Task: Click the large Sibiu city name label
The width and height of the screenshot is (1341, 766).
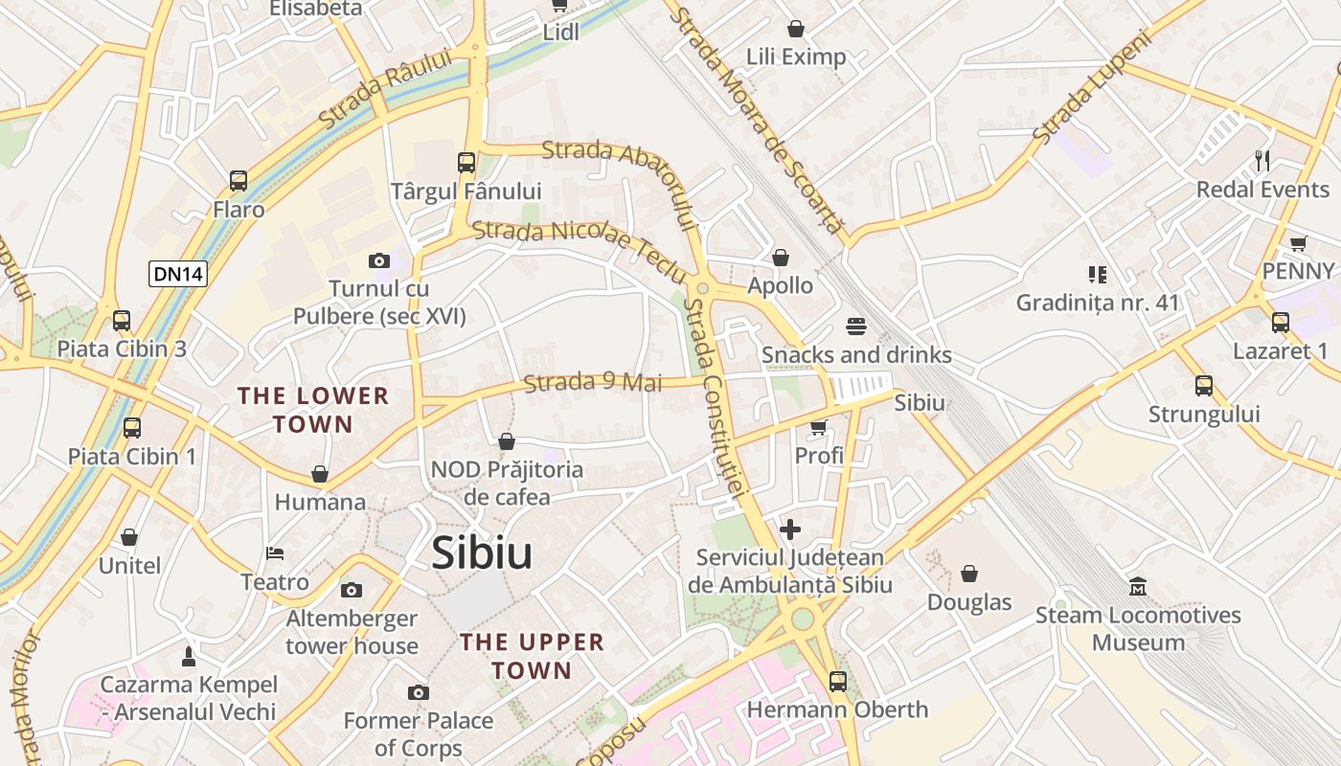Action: point(482,553)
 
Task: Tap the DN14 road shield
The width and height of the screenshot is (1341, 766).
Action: point(178,274)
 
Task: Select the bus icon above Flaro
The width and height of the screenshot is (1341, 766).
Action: point(239,180)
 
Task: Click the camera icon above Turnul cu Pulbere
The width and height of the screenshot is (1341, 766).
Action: point(379,260)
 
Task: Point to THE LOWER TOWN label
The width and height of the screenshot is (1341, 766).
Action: point(313,410)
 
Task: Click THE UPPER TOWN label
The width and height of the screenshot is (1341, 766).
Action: point(532,656)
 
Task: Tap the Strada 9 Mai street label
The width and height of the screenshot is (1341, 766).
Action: point(593,383)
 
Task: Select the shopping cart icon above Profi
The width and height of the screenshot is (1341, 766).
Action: point(819,427)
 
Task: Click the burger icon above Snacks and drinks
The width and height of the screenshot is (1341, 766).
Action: point(856,326)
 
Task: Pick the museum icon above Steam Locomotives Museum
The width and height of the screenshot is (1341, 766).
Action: point(1138,586)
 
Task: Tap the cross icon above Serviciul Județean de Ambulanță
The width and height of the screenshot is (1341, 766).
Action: point(790,529)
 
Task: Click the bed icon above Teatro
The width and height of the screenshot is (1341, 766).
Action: point(275,553)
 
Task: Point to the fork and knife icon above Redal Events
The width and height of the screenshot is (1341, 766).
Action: point(1262,160)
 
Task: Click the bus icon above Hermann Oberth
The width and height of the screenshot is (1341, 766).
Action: point(838,681)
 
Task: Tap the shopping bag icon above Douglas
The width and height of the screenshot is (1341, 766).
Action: point(969,574)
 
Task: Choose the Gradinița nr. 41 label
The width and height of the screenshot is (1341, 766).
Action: point(1098,303)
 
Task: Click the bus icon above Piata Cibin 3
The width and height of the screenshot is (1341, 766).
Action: point(122,320)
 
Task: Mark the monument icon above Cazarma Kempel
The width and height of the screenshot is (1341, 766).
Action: point(189,656)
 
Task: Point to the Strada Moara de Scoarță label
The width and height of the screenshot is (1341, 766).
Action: point(757,120)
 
